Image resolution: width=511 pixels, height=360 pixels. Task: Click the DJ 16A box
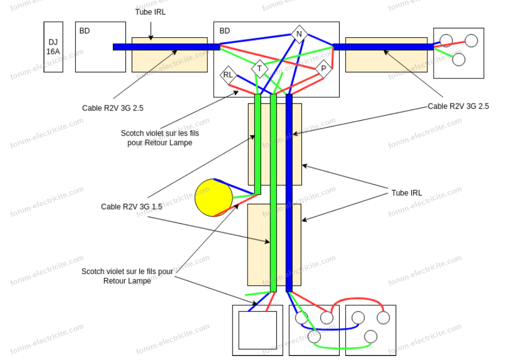click(53, 46)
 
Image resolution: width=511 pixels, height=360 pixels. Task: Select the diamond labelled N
click(298, 34)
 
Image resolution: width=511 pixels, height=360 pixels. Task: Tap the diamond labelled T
click(260, 69)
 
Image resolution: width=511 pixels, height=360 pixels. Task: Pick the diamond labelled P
click(323, 69)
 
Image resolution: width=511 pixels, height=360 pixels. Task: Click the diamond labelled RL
click(228, 75)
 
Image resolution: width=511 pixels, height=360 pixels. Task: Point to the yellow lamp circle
click(214, 197)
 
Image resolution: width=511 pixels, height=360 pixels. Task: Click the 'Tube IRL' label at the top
click(150, 12)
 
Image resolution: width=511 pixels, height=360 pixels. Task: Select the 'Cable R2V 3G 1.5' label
click(131, 207)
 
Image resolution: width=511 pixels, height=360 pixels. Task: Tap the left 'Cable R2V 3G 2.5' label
click(113, 108)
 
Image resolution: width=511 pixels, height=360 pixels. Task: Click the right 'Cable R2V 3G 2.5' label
click(458, 106)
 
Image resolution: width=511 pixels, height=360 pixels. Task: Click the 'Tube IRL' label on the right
click(407, 193)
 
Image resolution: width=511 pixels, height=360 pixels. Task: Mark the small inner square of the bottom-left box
click(257, 330)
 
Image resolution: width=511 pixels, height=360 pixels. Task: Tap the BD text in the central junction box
click(225, 31)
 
